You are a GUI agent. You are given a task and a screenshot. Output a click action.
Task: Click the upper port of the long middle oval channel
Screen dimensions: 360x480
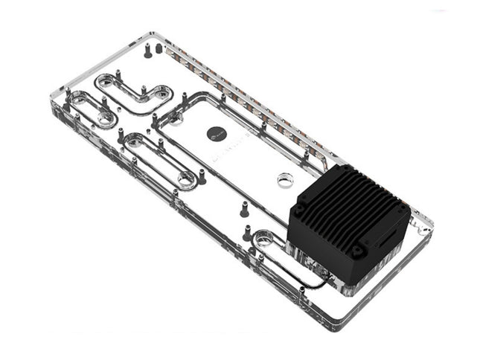pyautogui.click(x=135, y=140)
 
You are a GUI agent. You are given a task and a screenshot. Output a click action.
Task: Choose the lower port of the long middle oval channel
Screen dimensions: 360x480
pyautogui.click(x=184, y=179)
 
